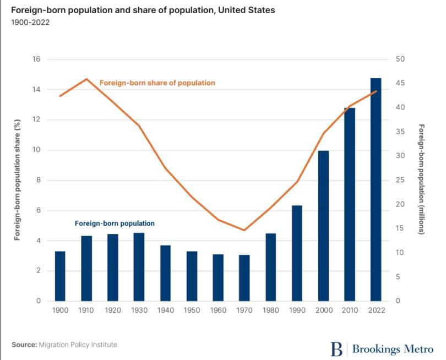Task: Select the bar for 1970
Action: point(244,278)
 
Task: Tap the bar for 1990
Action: point(297,253)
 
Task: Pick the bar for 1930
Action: point(139,267)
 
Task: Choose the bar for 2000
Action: point(323,226)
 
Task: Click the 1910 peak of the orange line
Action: point(86,79)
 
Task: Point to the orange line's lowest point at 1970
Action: point(244,230)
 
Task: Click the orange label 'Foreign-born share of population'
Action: point(157,83)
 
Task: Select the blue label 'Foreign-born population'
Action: point(115,223)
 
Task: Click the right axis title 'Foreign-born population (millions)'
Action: point(421,180)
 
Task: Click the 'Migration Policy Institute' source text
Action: point(78,345)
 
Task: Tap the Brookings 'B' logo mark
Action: point(336,348)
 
